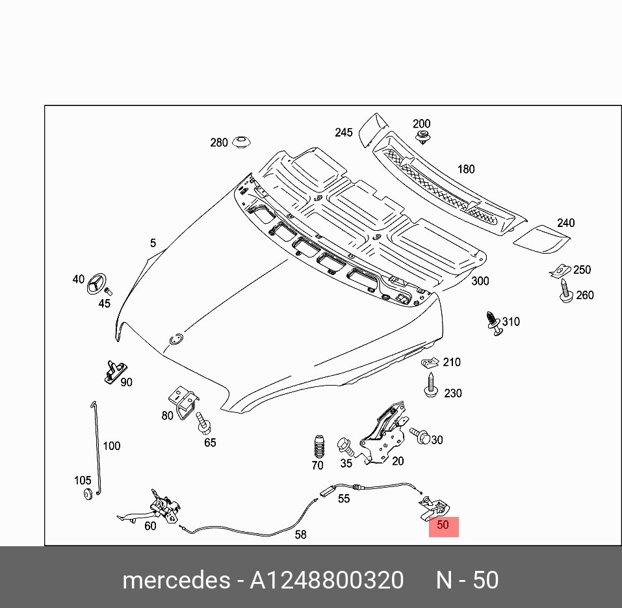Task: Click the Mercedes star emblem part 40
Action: coord(97,284)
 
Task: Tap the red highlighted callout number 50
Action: coord(443,525)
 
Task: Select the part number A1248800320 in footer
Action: coord(326,580)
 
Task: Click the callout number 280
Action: coord(219,142)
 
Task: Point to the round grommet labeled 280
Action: coord(242,142)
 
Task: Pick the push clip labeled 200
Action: coord(423,137)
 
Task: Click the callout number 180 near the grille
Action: coord(466,169)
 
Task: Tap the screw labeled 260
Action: coord(565,291)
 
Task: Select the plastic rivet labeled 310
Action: coord(493,323)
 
